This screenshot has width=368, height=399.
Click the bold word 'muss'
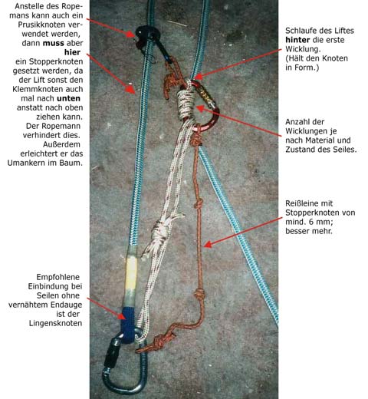pyautogui.click(x=53, y=43)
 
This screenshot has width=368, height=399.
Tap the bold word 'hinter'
pyautogui.click(x=297, y=40)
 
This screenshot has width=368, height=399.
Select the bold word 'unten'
pyautogui.click(x=68, y=98)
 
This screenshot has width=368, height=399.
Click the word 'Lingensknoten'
pyautogui.click(x=55, y=323)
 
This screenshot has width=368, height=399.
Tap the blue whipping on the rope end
pyautogui.click(x=128, y=325)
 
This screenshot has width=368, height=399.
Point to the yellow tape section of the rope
pyautogui.click(x=130, y=274)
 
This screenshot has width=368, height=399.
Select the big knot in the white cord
pyautogui.click(x=159, y=232)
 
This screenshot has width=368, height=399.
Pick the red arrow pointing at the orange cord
pyautogui.click(x=243, y=232)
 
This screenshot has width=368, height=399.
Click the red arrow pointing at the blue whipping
pyautogui.click(x=106, y=308)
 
